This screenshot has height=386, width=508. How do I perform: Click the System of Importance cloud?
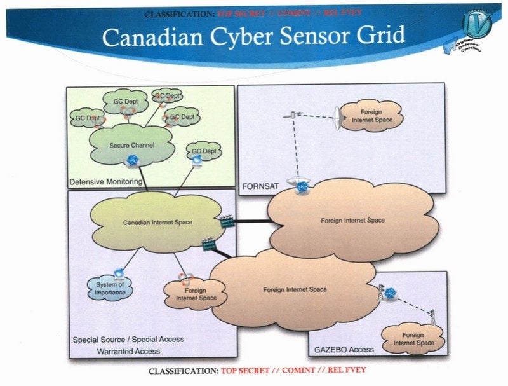pyautogui.click(x=111, y=289)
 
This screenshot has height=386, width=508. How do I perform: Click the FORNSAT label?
pyautogui.click(x=257, y=187)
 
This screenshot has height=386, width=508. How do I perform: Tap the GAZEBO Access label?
pyautogui.click(x=344, y=349)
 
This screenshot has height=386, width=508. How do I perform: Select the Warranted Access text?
pyautogui.click(x=128, y=351)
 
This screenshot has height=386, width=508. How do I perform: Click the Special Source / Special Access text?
pyautogui.click(x=128, y=339)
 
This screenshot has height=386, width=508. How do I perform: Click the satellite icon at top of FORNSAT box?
pyautogui.click(x=293, y=114)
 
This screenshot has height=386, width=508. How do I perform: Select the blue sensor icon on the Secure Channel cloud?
pyautogui.click(x=132, y=160)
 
